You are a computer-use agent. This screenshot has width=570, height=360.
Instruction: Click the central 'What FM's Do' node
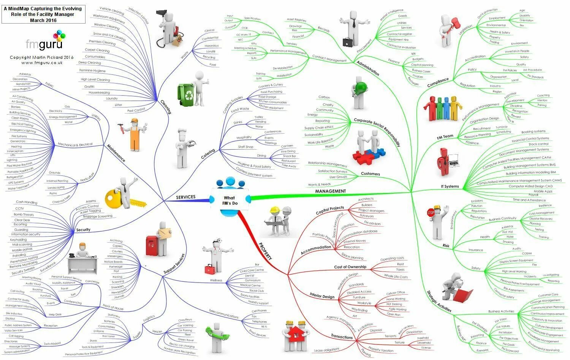click(230, 201)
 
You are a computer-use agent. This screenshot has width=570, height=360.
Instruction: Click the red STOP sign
click(431, 213)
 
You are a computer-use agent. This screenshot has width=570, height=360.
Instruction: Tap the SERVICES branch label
click(185, 197)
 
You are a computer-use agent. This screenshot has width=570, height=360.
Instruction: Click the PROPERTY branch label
click(265, 251)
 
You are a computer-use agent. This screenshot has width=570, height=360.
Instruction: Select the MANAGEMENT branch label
click(330, 191)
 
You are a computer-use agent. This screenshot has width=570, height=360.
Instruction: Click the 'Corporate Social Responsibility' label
click(377, 131)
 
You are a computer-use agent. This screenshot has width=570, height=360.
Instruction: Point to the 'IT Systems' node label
click(450, 186)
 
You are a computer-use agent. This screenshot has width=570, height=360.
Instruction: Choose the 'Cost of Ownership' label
click(350, 267)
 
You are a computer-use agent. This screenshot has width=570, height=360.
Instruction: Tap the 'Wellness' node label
click(216, 281)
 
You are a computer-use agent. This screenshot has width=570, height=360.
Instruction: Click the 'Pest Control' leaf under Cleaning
click(136, 110)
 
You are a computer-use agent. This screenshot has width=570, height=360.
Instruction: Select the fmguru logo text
click(41, 44)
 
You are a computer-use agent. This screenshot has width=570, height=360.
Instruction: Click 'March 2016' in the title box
click(43, 20)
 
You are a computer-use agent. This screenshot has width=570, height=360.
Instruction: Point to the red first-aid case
click(209, 269)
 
